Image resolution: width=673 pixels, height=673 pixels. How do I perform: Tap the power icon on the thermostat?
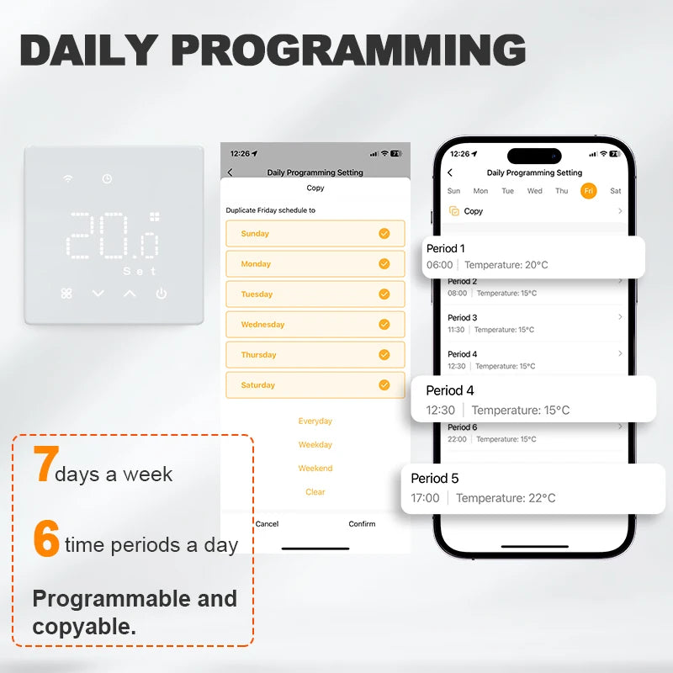click(161, 294)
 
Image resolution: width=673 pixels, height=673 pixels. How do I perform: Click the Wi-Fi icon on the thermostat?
click(67, 178)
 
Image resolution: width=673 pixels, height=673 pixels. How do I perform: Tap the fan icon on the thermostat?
click(67, 294)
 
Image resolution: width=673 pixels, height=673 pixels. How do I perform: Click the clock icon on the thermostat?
click(107, 178)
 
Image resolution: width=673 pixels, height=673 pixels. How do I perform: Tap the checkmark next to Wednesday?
click(384, 325)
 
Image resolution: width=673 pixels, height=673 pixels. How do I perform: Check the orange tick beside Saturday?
click(384, 385)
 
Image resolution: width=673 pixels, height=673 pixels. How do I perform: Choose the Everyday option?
click(315, 421)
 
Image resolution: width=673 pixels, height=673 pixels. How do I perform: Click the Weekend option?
click(315, 469)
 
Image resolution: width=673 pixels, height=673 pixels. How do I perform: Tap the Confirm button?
click(362, 524)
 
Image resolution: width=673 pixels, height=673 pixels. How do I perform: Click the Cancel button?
click(267, 524)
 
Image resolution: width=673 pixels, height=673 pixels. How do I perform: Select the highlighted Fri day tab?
click(589, 191)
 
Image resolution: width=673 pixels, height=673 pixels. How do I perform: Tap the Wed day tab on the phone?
click(534, 191)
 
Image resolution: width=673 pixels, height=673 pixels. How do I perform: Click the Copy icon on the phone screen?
click(454, 211)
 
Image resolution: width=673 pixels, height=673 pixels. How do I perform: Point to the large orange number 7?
click(43, 464)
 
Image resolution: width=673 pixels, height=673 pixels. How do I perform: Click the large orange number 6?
click(46, 539)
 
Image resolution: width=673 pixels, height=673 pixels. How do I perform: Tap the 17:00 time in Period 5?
click(425, 498)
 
